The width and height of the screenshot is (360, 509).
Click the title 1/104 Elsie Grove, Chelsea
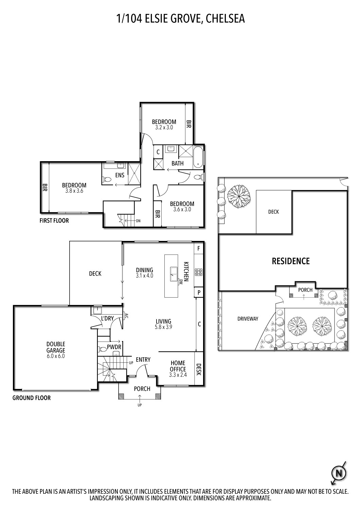click(180, 18)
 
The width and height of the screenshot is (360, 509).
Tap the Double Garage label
click(56, 347)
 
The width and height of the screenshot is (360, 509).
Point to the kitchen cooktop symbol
click(198, 272)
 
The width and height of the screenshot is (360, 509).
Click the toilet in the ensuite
click(106, 179)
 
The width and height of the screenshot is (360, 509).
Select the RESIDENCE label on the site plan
click(291, 261)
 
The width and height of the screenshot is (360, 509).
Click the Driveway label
click(248, 319)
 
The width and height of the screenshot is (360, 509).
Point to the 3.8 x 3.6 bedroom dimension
click(74, 191)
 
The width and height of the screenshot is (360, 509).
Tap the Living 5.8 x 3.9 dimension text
click(163, 327)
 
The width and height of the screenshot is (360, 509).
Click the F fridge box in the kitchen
click(199, 248)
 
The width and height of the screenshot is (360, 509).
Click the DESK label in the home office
click(199, 370)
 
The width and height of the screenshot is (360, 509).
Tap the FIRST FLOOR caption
click(54, 221)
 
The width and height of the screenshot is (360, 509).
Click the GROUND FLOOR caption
click(32, 398)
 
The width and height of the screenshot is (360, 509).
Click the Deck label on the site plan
click(273, 212)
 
